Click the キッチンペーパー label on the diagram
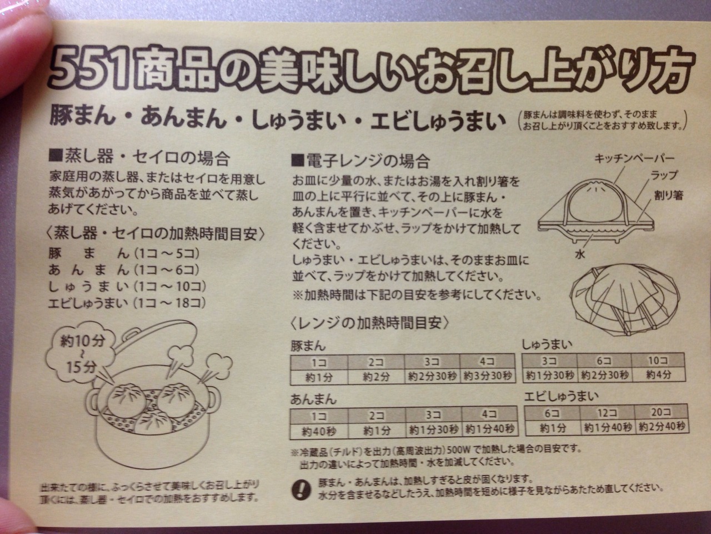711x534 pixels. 634,158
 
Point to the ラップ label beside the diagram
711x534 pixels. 664,175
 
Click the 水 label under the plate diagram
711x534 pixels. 580,254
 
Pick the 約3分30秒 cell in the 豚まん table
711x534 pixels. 488,376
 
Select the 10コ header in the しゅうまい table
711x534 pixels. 658,361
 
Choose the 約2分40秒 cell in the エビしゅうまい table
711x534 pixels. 662,427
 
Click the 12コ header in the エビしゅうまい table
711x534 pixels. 607,413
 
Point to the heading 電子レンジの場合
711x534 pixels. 361,161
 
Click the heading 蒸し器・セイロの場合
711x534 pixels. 139,157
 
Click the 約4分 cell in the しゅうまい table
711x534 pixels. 658,375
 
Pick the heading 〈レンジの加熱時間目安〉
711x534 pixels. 370,323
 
